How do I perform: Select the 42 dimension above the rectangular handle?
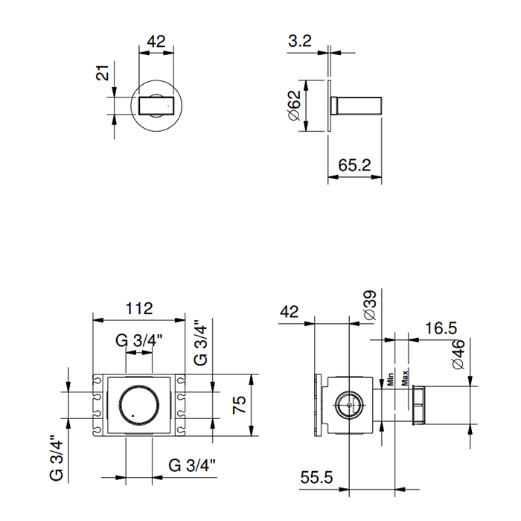(x=156, y=42)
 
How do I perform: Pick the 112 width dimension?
(x=138, y=307)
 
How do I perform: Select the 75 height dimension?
(x=238, y=406)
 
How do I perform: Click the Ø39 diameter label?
(x=370, y=305)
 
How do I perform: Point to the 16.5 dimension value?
(x=441, y=328)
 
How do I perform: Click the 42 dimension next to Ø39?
(x=290, y=312)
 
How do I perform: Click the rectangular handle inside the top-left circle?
(x=156, y=105)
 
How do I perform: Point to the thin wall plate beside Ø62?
(x=329, y=106)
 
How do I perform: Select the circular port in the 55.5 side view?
(x=348, y=406)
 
